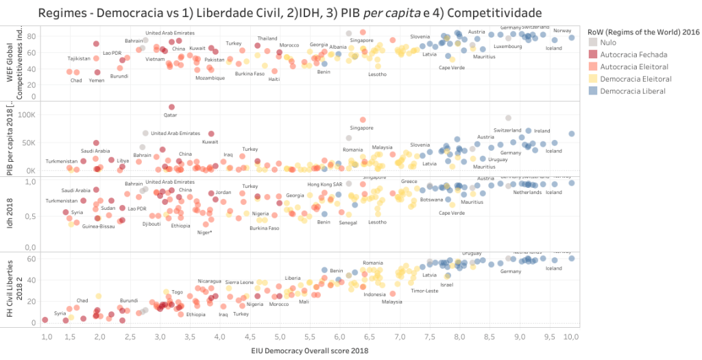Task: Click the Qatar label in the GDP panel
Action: [170, 115]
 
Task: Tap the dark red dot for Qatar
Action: [171, 107]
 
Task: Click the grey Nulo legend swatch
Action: [594, 42]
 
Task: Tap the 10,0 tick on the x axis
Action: [571, 337]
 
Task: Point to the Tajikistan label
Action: [79, 58]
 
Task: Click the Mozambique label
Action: [210, 77]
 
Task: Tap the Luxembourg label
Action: [508, 47]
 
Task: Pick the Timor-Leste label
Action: [424, 290]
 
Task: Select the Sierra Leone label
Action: [239, 282]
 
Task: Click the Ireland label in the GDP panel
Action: [542, 131]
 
